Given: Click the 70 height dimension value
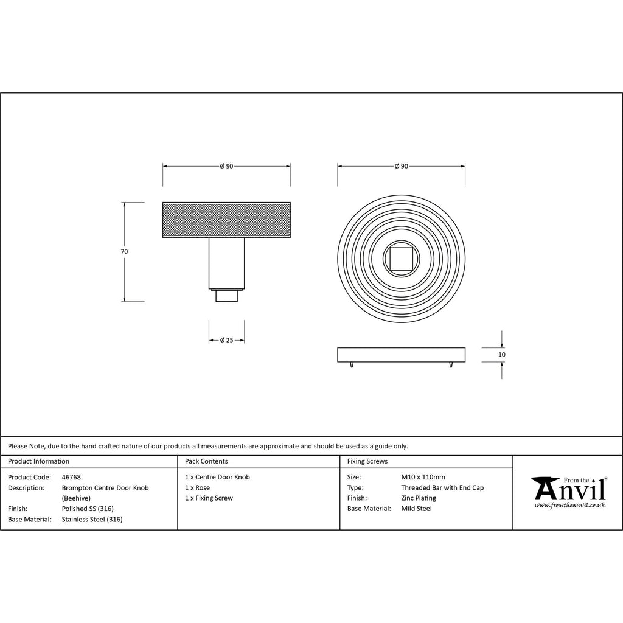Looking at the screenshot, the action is [x=124, y=251].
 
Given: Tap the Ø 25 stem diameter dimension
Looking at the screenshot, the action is [x=226, y=340].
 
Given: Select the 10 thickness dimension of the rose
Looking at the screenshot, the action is [x=502, y=355].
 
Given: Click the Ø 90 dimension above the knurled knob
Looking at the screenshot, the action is [x=226, y=166].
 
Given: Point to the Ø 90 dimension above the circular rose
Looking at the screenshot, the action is [x=402, y=166].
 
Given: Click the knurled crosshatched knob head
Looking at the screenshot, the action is [x=226, y=220].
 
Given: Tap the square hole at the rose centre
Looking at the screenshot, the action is [x=402, y=259].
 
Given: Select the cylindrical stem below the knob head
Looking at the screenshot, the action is [x=226, y=263].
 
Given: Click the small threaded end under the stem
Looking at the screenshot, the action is [x=226, y=296].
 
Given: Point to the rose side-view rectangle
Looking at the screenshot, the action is [x=402, y=355].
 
